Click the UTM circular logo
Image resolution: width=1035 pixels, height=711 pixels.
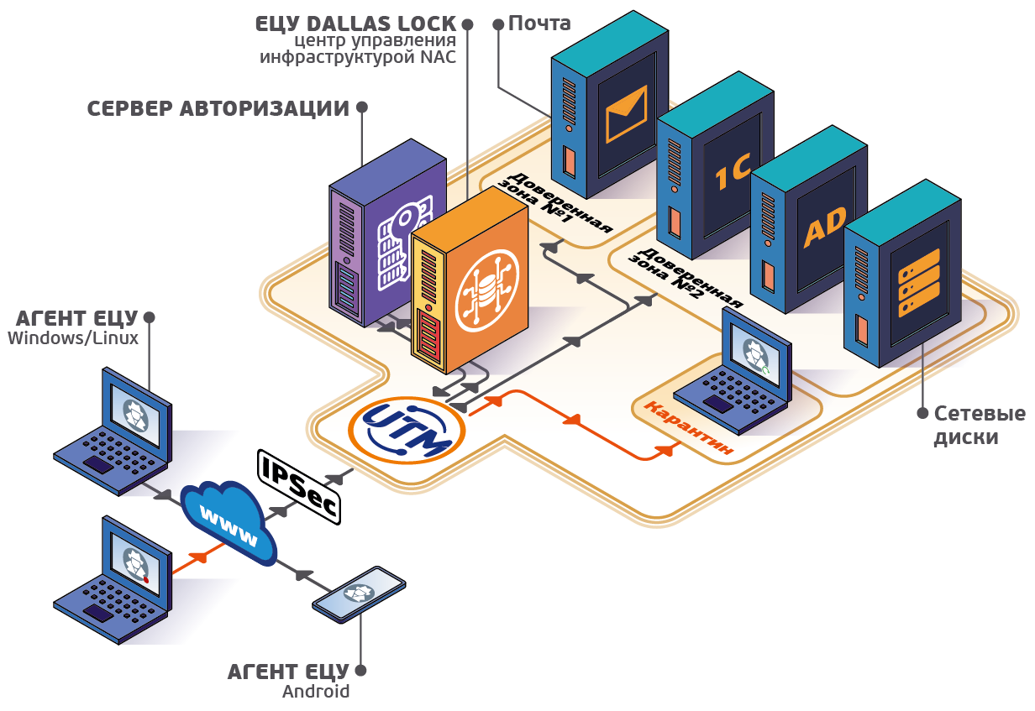click(407, 431)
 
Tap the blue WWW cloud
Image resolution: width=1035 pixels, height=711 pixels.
click(229, 523)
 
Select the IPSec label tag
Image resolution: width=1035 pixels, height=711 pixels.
click(299, 487)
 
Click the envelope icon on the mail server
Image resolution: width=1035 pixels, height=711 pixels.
click(626, 114)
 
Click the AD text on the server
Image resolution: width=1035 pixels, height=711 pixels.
click(825, 227)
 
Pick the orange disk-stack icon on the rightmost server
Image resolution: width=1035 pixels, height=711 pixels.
click(919, 283)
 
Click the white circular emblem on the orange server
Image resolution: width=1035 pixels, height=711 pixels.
click(487, 290)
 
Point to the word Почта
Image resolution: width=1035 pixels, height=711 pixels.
click(539, 24)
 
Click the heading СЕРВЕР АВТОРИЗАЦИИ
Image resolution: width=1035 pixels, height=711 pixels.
click(218, 108)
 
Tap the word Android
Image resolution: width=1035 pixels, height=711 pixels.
click(316, 692)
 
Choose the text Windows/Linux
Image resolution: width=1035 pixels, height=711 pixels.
click(73, 338)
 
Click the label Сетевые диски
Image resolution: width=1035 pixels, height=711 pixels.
click(980, 426)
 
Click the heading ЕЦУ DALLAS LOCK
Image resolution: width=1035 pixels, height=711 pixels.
click(355, 24)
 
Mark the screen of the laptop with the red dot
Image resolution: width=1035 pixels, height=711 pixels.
click(136, 563)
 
